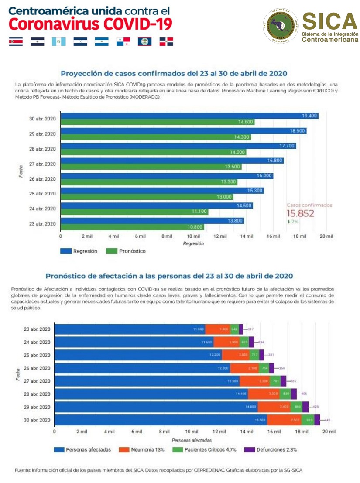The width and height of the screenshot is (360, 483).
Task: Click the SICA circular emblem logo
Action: [x=281, y=26]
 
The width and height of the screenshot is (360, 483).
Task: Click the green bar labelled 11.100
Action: [x=134, y=212]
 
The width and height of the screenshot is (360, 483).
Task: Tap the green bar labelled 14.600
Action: [x=157, y=122]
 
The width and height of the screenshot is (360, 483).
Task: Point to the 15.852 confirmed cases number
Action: [x=300, y=213]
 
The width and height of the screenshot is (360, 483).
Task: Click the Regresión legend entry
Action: [x=79, y=251]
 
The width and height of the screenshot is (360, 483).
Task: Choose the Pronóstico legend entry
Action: [x=127, y=251]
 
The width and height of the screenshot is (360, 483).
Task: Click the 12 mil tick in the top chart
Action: [x=219, y=236]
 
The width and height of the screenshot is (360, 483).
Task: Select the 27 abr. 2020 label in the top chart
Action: [x=43, y=164]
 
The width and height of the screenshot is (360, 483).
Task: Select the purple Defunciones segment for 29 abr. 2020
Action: [x=305, y=407]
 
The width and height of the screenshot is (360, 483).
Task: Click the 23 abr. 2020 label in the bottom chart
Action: [x=37, y=329]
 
